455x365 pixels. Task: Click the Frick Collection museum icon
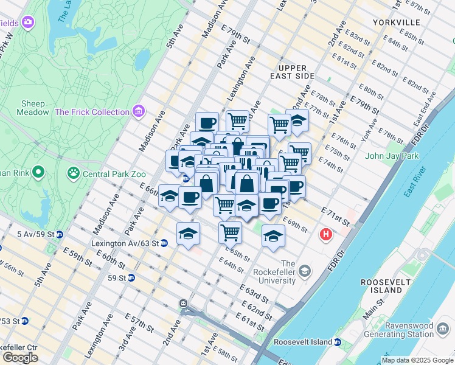(x=139, y=111)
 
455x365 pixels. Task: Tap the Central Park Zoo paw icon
(x=74, y=173)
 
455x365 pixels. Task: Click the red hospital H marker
(x=327, y=234)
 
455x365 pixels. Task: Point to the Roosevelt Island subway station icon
(x=337, y=342)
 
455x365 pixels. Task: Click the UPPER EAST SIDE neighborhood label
(x=296, y=72)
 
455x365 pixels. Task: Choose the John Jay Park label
(x=392, y=156)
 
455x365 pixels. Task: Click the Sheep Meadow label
(x=35, y=108)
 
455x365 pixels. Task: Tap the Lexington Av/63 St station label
(x=126, y=243)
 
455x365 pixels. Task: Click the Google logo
(x=20, y=358)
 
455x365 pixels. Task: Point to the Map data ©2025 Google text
(x=417, y=360)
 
